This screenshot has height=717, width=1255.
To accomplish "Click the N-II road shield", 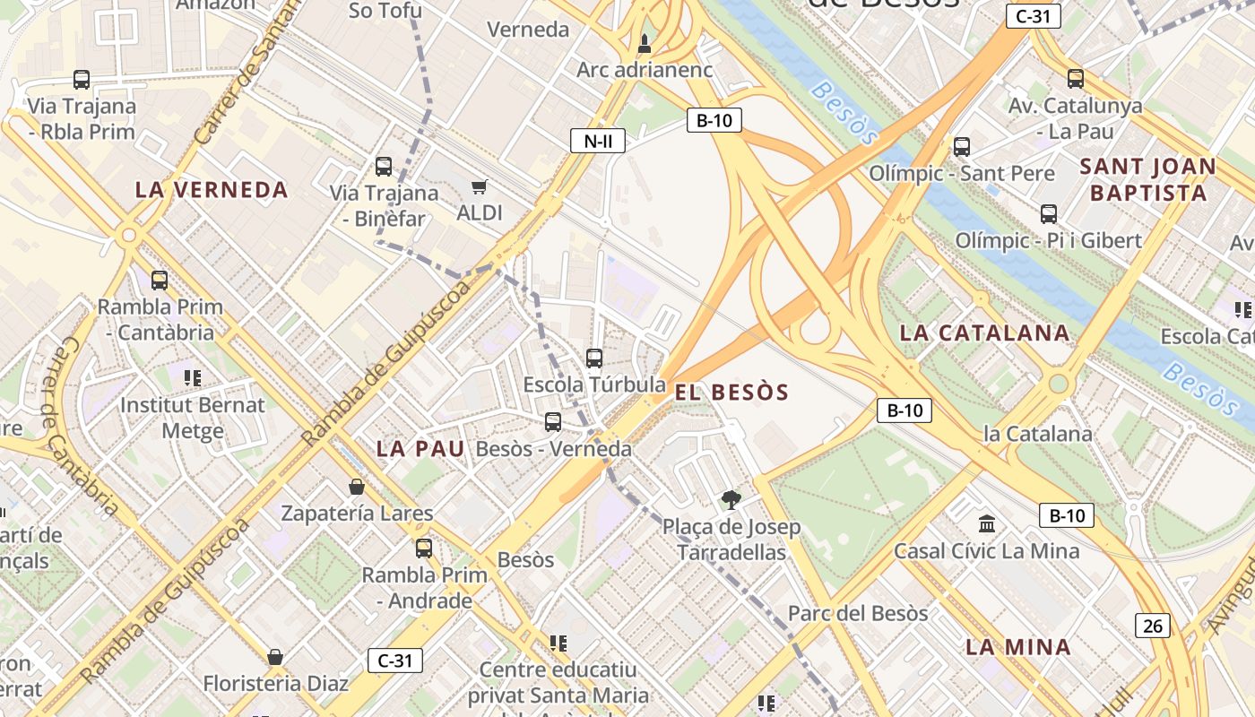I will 597,141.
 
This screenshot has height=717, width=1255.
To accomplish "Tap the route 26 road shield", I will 1153,625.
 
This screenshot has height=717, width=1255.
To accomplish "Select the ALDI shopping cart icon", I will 479,186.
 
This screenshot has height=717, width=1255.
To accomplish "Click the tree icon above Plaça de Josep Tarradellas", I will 731,500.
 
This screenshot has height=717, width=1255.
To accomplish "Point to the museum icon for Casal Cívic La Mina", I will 987,523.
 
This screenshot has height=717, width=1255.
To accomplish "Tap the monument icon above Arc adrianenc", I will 644,43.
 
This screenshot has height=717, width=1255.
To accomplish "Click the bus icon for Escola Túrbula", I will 594,358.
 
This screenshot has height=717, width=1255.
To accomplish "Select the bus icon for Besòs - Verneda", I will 553,422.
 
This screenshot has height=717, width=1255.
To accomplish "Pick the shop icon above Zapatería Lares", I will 357,487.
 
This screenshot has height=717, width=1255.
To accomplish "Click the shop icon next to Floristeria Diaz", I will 275,657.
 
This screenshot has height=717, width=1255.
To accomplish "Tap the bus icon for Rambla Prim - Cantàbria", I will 160,281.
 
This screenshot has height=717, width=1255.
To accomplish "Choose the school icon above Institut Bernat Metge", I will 192,378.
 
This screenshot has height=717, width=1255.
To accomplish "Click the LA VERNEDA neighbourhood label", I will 212,190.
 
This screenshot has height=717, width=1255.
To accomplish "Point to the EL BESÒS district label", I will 731,392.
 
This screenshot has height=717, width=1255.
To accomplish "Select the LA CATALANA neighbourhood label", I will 984,333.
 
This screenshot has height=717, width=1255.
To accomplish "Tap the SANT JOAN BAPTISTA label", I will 1147,179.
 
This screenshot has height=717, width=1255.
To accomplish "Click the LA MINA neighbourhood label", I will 1017,647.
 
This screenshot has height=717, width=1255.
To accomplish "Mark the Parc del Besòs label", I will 858,613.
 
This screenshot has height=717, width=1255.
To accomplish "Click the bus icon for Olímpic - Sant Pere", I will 962,147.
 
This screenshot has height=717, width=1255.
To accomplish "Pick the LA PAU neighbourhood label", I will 420,448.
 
